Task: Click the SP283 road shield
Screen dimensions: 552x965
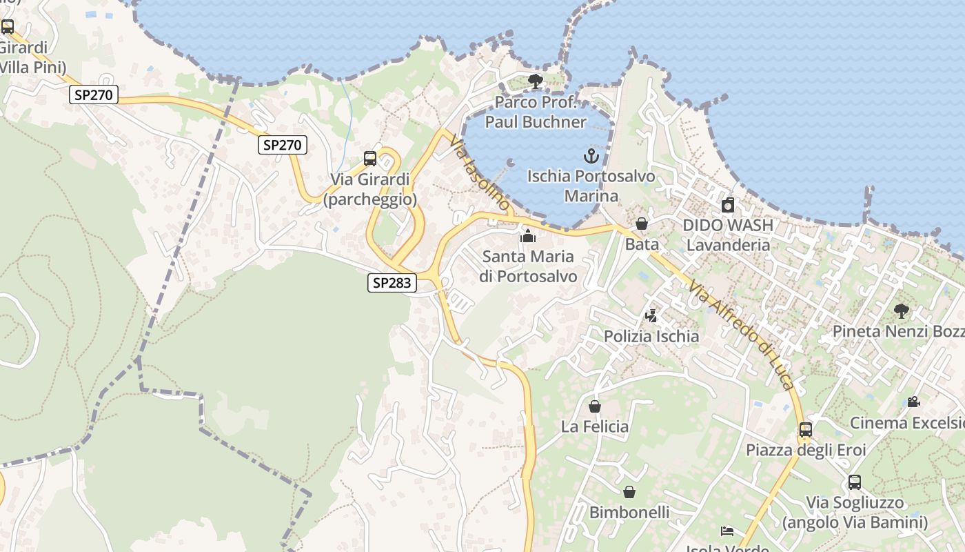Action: (392, 282)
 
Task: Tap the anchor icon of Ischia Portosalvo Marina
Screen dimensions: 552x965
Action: (591, 155)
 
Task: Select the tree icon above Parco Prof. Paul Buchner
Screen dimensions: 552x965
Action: (535, 82)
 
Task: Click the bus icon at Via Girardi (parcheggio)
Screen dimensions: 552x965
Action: (370, 159)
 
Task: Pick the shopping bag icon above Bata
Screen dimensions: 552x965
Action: (642, 224)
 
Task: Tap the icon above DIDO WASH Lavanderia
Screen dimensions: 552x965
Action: (728, 205)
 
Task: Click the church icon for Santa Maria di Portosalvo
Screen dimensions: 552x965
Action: (528, 236)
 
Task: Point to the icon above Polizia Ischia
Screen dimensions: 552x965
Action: (651, 316)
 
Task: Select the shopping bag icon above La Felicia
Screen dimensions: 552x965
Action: (595, 406)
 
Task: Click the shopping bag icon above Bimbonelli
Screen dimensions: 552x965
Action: (629, 492)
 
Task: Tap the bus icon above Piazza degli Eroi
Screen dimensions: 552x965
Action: (806, 429)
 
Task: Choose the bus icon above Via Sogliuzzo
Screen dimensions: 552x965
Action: (855, 482)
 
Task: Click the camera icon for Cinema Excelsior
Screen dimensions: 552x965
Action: (913, 402)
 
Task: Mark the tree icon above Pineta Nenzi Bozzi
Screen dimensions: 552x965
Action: (901, 310)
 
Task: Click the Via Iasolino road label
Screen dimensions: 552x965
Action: (480, 172)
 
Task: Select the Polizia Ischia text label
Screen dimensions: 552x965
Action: (651, 337)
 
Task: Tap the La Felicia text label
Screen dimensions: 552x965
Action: (595, 426)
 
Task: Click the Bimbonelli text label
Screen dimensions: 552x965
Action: (629, 512)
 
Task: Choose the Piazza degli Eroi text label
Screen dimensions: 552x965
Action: (806, 450)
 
